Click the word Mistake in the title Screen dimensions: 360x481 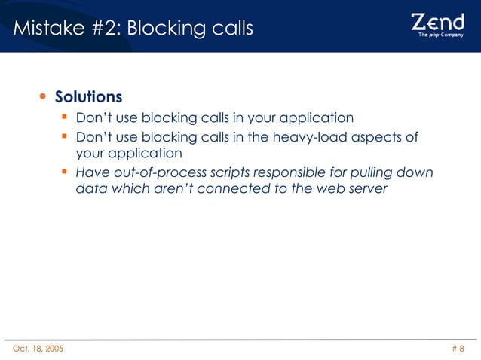[x=45, y=29]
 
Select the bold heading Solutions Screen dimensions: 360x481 [x=88, y=98]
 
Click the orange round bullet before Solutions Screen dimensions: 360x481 [x=42, y=98]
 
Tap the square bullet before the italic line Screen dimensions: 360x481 [x=66, y=172]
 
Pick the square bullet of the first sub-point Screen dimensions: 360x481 [x=66, y=117]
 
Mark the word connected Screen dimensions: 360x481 [x=233, y=189]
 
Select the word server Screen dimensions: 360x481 [x=367, y=189]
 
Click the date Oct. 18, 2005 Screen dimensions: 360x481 [x=38, y=349]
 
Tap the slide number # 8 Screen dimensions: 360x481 [x=458, y=349]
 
